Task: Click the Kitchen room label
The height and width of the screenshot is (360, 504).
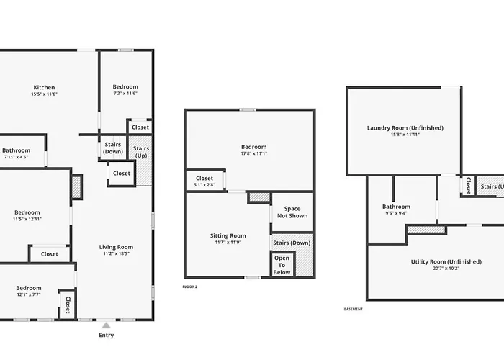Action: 45,87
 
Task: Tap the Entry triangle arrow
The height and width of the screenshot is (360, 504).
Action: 107,325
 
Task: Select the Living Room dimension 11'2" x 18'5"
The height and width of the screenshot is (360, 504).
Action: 116,253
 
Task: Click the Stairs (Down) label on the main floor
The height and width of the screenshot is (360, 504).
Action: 113,148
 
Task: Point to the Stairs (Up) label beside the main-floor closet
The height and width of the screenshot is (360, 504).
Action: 141,152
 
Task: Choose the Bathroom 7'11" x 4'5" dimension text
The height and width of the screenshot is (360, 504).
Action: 16,157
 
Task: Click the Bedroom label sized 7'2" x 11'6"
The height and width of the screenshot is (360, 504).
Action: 125,87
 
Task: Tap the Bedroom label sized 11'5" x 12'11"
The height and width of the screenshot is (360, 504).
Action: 27,212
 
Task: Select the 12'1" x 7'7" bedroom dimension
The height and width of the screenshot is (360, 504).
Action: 29,294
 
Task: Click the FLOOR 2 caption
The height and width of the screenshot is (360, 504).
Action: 190,287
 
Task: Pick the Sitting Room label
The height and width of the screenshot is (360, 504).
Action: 228,235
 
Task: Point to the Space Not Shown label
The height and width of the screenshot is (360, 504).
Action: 292,212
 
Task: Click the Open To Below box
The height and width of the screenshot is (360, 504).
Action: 282,265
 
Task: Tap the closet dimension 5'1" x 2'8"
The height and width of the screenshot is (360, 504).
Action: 204,185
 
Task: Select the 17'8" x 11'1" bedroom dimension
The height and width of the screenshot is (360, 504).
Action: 254,153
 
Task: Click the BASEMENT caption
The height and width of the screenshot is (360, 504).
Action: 354,309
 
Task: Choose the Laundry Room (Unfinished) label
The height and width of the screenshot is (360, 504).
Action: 405,128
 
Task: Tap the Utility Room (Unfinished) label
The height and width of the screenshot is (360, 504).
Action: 446,261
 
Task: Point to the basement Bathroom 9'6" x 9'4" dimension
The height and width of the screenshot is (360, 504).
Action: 396,213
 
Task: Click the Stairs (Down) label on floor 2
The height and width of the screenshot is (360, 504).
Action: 292,243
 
